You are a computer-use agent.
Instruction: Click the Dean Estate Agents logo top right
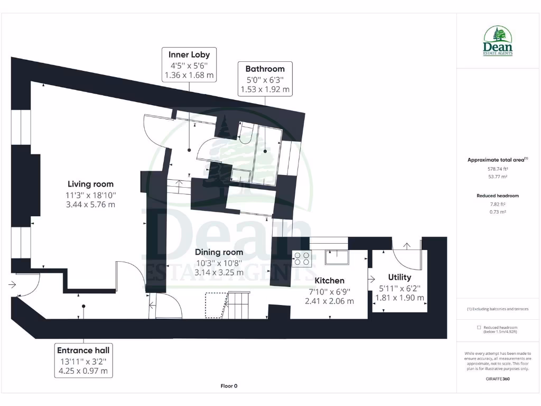point(498,41)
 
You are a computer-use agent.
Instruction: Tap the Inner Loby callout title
point(189,54)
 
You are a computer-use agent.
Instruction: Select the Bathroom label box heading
point(265,69)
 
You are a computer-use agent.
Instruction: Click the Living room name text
point(90,184)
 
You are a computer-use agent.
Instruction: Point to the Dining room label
point(219,252)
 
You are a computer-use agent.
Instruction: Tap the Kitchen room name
point(329,281)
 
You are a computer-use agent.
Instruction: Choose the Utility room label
point(399,277)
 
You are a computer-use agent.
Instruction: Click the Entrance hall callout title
point(83,350)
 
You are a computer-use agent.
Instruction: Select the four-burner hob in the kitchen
point(303,258)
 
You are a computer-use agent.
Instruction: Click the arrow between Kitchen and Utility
point(371,279)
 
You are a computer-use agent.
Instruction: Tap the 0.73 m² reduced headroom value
point(498,211)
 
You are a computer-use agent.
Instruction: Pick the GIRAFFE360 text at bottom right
point(498,379)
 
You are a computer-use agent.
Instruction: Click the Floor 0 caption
point(229,386)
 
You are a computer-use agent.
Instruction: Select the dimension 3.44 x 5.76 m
point(90,205)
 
